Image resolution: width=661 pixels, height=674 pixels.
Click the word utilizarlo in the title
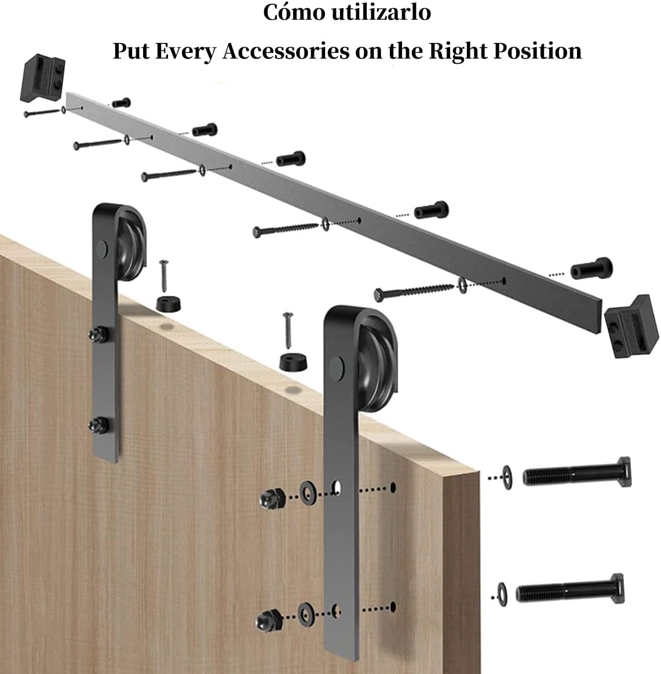click(x=381, y=12)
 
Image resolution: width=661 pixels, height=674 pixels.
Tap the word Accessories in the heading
click(x=286, y=51)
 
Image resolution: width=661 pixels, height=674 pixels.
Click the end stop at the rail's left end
click(x=42, y=78)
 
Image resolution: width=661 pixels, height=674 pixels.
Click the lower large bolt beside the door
click(x=570, y=590)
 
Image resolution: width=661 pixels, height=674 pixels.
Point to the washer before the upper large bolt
click(x=507, y=477)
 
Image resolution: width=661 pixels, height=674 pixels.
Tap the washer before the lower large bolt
click(x=502, y=595)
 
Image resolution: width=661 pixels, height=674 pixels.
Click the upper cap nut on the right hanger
click(x=272, y=499)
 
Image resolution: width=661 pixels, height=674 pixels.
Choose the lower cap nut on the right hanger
click(x=269, y=620)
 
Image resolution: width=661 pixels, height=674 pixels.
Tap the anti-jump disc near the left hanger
click(x=168, y=303)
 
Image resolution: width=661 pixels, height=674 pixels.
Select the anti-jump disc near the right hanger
click(x=293, y=361)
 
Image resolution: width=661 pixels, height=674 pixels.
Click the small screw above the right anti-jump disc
click(x=288, y=330)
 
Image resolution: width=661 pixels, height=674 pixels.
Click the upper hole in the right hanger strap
click(x=337, y=488)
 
